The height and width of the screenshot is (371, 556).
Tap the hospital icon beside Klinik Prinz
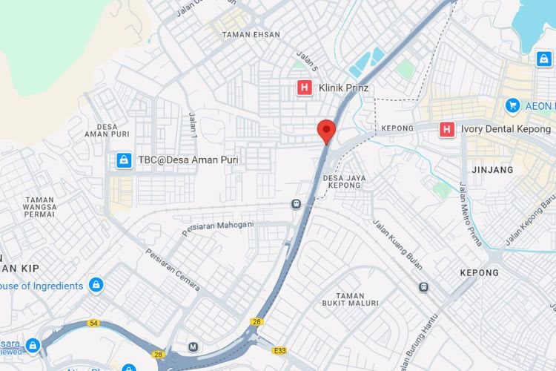(303, 88)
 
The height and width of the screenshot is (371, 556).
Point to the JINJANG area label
(492, 170)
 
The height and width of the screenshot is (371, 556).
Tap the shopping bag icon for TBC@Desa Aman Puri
(124, 160)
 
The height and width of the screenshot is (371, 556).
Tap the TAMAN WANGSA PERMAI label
(39, 207)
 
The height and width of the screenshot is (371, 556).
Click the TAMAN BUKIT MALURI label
(351, 299)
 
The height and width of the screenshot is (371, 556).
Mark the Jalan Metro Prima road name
(471, 213)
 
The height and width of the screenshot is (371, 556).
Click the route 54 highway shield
(93, 324)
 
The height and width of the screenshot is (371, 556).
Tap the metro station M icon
(193, 347)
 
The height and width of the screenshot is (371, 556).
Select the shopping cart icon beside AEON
(512, 106)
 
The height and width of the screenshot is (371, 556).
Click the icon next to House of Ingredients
(96, 285)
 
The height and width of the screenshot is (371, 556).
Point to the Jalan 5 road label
(307, 62)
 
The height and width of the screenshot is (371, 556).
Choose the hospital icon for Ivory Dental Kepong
(446, 129)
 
